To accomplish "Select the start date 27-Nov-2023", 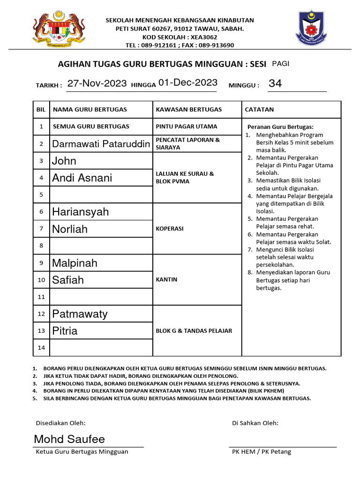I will tap(97, 83).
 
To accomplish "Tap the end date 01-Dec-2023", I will tap(188, 83).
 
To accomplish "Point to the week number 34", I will tap(275, 84).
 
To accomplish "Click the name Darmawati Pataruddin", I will tap(101, 143).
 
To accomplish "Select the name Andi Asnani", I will tap(82, 178).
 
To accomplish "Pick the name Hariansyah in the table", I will tap(80, 212).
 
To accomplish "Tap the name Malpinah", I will tap(75, 263).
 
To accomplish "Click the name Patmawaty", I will tap(80, 314).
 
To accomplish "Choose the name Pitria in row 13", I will tap(65, 331).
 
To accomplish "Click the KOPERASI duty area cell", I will tap(170, 229).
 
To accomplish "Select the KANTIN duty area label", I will tap(166, 279).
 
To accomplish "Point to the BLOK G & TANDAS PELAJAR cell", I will tap(194, 330).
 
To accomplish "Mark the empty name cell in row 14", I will tap(101, 348).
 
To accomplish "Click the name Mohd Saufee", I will tap(69, 439).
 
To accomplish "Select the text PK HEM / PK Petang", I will tap(262, 452).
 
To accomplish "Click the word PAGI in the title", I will tap(281, 64).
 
